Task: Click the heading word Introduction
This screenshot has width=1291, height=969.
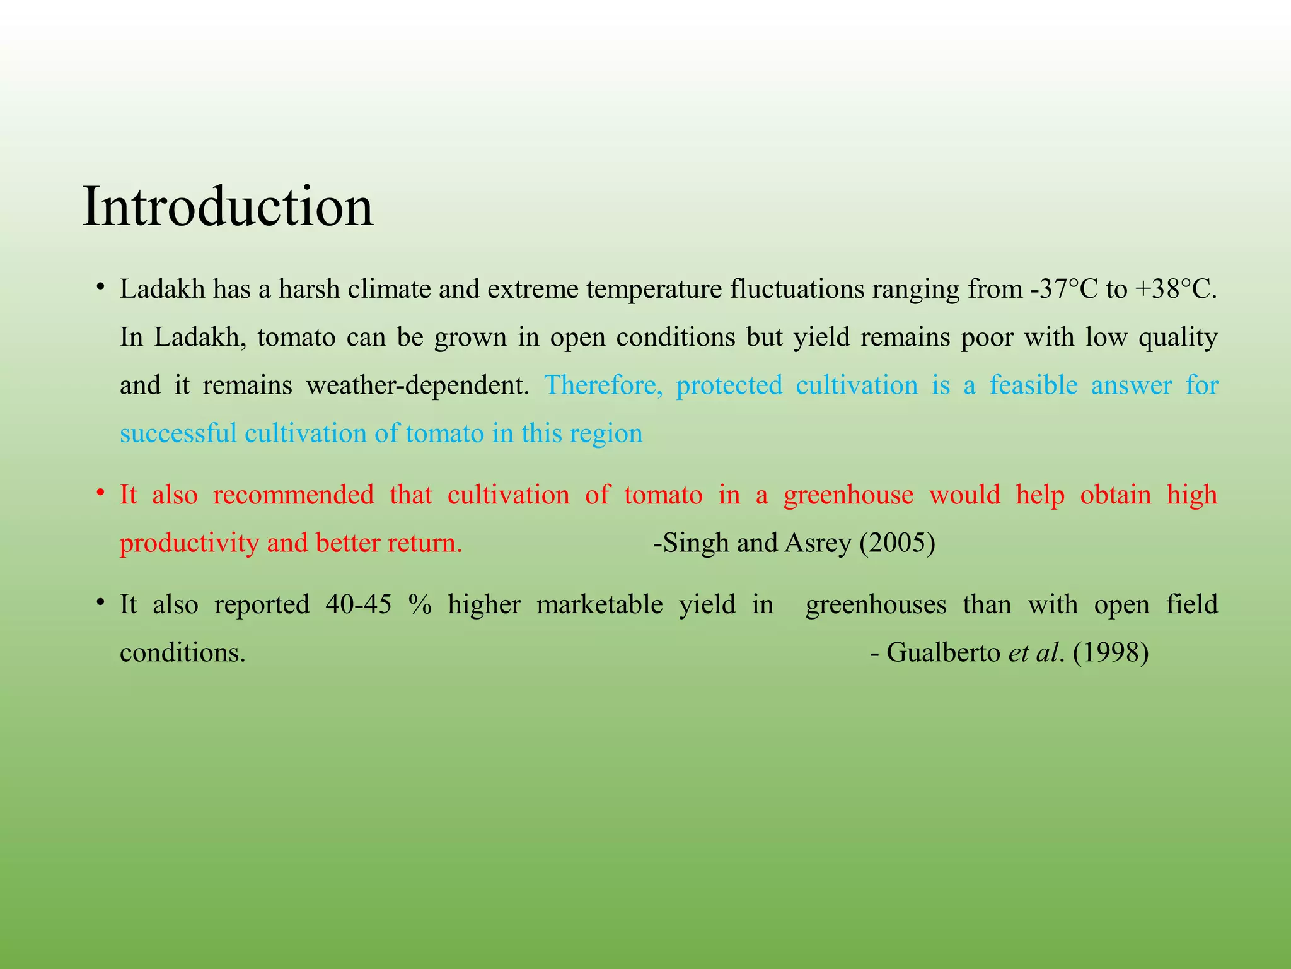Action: (228, 206)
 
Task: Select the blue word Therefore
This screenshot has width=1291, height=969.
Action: (604, 385)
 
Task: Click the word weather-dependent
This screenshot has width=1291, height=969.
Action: (417, 385)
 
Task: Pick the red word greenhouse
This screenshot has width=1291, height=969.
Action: (848, 495)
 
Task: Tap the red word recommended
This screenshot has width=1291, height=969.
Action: (294, 495)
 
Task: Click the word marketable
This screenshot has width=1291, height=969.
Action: (599, 604)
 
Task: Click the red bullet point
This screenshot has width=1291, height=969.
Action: (100, 492)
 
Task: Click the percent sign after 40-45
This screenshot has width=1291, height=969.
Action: (420, 604)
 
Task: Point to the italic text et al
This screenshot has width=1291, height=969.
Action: (1034, 652)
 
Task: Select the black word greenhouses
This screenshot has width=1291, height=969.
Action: (876, 605)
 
